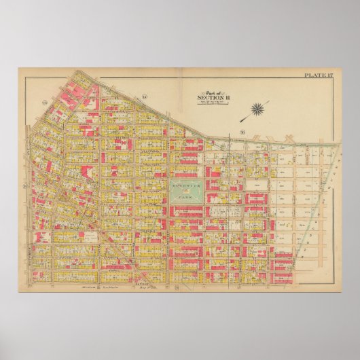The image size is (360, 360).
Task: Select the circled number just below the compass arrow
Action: point(242,131)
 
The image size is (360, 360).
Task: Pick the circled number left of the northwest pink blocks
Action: point(46,103)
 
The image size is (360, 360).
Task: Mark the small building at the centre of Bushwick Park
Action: point(186,192)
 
